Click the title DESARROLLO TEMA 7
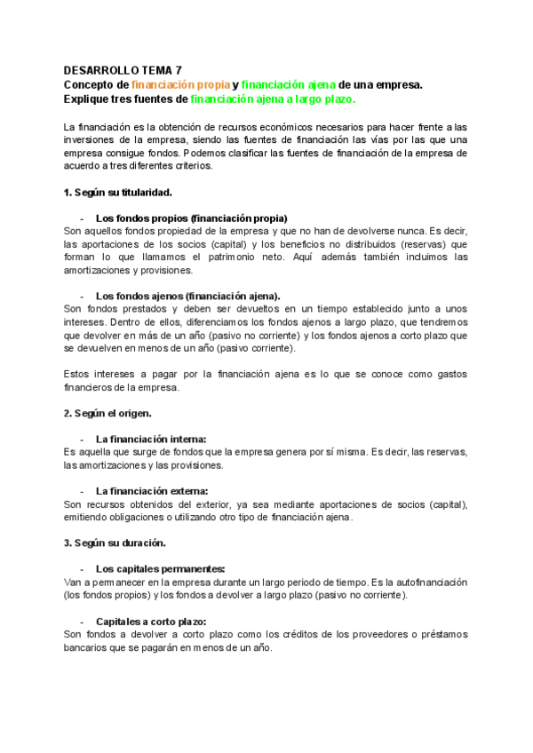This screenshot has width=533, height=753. point(123,70)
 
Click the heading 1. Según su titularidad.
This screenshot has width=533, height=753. point(118,192)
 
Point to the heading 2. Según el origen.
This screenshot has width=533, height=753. point(107,413)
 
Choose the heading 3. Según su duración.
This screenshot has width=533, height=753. point(113,543)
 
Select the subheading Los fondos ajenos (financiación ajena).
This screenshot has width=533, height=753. point(187,296)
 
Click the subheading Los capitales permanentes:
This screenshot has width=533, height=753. point(161,568)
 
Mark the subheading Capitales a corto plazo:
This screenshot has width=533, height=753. point(151,622)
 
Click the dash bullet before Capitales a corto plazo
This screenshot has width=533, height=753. point(83,622)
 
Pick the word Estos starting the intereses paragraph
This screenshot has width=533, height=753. point(79,374)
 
